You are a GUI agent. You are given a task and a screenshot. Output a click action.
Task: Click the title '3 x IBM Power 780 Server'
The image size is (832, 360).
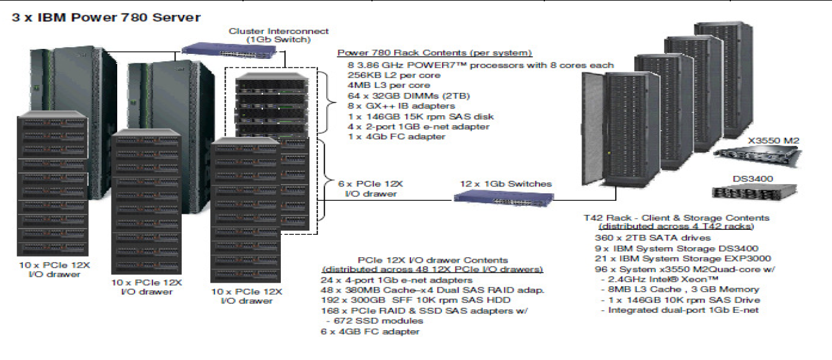(x=106, y=17)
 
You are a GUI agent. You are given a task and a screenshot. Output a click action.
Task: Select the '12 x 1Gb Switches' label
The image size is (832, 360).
(x=505, y=183)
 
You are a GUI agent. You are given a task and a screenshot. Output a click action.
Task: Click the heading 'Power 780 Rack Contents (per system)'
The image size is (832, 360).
(x=435, y=53)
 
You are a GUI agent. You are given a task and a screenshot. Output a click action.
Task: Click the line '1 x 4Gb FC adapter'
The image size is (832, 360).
(x=397, y=136)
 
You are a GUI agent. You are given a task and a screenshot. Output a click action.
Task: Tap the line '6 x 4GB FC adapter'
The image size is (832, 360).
(x=371, y=331)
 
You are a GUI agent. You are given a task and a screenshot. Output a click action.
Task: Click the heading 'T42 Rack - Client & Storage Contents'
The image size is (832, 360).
(x=676, y=218)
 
